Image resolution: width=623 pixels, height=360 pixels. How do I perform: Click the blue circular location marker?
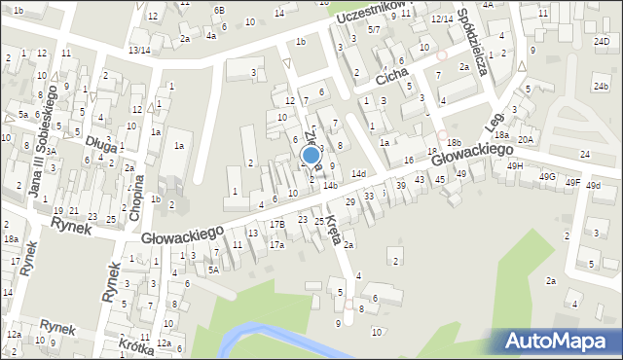tap(311, 155)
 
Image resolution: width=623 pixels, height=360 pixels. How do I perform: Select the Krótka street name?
tap(136, 345)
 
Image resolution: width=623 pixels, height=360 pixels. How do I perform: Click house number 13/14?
tap(139, 50)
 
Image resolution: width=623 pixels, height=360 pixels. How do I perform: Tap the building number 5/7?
tap(374, 30)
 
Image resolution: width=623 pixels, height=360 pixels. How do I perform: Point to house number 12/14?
tap(442, 19)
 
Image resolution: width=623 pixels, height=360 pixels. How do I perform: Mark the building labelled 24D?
tap(602, 42)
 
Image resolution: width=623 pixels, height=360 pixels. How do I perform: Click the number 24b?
tap(601, 86)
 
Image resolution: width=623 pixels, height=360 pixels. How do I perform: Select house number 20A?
tap(526, 140)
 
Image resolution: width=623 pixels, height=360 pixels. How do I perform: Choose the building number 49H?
tap(515, 165)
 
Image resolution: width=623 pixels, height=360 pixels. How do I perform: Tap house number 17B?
tap(277, 225)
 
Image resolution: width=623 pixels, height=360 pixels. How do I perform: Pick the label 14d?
tap(358, 174)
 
